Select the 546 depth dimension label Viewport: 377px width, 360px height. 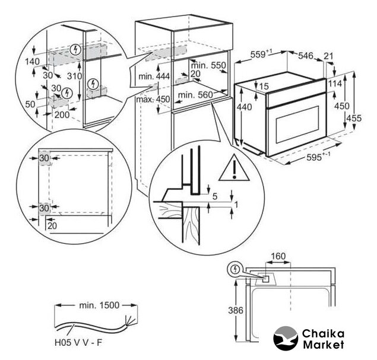[305, 55]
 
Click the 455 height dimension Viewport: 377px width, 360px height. [354, 117]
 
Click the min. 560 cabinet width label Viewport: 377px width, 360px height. [194, 94]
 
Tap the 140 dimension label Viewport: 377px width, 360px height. [31, 60]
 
